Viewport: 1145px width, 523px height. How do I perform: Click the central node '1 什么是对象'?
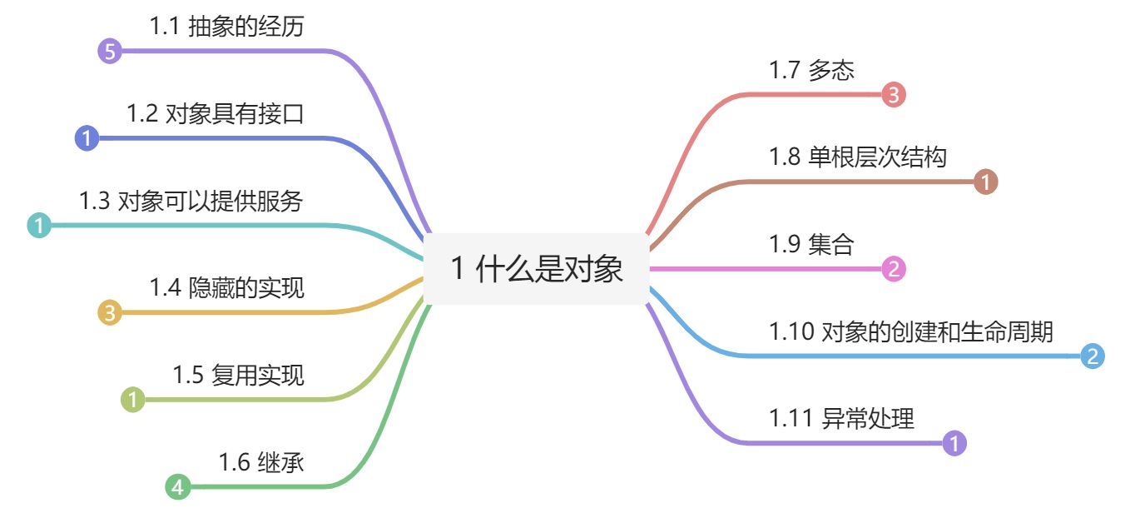coord(536,269)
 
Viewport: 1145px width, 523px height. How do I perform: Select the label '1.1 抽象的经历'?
coord(226,27)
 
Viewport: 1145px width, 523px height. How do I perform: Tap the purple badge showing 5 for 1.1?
coord(109,52)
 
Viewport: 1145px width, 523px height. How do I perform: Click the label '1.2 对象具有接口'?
coord(215,114)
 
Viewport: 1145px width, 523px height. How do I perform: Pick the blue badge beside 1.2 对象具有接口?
coord(87,138)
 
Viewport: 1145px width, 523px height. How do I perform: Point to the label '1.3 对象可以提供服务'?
coord(191,201)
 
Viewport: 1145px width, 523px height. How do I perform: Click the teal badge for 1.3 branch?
coord(39,225)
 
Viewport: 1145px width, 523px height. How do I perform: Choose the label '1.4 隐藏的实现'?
coord(226,288)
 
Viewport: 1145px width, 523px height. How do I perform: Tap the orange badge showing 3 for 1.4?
coord(109,313)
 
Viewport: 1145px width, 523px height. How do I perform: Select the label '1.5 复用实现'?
coord(238,375)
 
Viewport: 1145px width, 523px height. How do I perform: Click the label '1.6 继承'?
coord(260,461)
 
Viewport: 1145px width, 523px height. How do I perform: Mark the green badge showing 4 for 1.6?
coord(177,486)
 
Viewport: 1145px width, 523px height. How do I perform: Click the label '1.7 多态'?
coord(811,71)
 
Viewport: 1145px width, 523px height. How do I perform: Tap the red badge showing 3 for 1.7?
coord(893,95)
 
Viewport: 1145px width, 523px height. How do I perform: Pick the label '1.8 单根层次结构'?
coord(858,157)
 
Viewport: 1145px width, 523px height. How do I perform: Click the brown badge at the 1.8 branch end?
coord(985,182)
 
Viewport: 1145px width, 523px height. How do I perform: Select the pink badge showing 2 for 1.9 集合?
coord(893,269)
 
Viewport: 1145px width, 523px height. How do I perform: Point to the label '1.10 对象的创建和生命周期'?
coord(911,331)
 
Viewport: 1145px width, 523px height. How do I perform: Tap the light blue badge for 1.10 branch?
coord(1093,356)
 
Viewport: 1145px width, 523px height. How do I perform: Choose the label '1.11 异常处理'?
coord(841,419)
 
